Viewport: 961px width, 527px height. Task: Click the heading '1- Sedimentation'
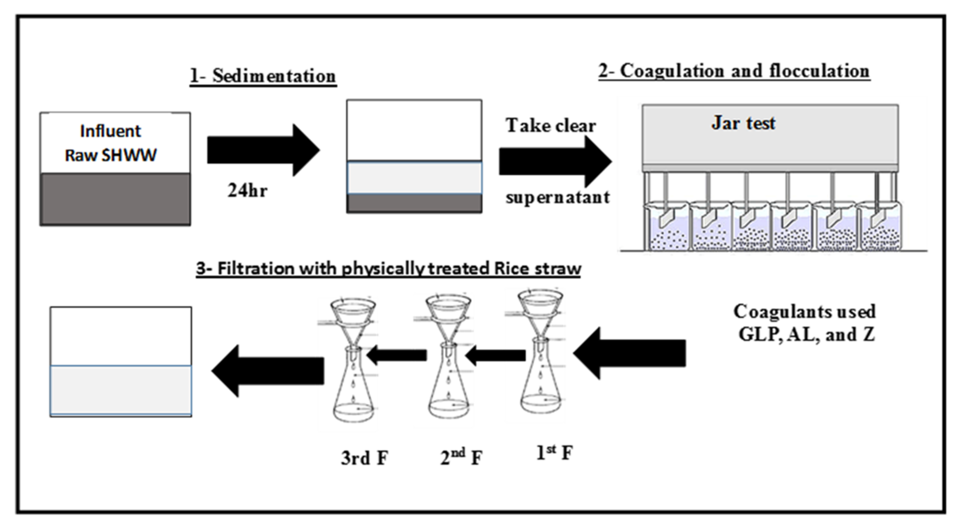[263, 76]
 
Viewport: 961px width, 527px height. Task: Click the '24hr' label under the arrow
[247, 191]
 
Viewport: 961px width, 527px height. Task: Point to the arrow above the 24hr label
[263, 150]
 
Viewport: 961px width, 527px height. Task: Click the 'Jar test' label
[743, 123]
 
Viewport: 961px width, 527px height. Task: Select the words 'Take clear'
[551, 126]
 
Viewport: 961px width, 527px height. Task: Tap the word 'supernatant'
[557, 197]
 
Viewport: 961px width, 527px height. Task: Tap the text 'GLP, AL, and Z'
[807, 334]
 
